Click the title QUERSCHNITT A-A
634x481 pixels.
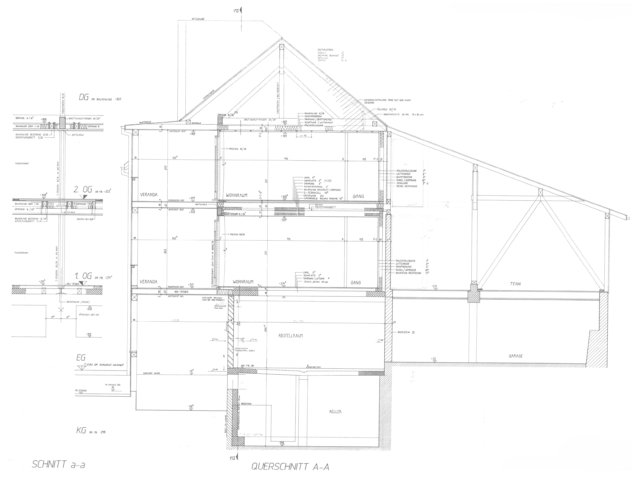[290, 467]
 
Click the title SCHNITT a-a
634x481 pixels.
[58, 464]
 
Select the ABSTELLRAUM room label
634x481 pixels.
[290, 336]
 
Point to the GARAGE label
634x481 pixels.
[516, 356]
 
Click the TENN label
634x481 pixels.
[515, 284]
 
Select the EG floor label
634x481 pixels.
[81, 358]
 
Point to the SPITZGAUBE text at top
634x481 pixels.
[198, 19]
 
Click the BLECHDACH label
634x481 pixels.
[146, 122]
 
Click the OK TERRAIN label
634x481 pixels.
[81, 390]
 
